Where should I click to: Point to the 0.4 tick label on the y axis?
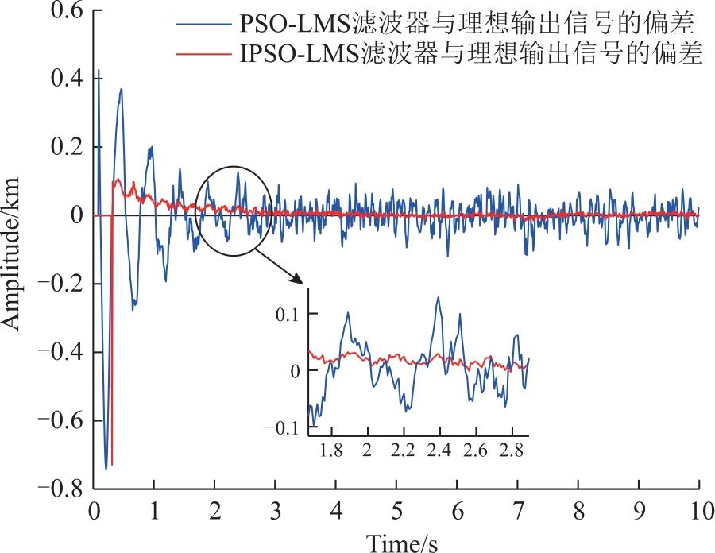[x=67, y=79]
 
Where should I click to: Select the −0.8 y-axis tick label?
[x=60, y=489]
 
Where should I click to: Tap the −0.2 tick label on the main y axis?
[x=60, y=284]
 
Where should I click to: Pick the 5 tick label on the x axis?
[x=396, y=511]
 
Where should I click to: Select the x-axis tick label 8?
[x=578, y=511]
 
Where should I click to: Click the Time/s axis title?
[x=402, y=543]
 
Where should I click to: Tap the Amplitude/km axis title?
[x=11, y=253]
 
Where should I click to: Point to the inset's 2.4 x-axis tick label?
[x=439, y=451]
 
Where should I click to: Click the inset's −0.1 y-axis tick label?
[x=282, y=427]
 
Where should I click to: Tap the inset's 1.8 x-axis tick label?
[x=331, y=451]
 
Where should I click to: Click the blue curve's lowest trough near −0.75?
[x=106, y=469]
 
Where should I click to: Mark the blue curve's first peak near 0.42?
[x=98, y=70]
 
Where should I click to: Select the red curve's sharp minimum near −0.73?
[x=112, y=464]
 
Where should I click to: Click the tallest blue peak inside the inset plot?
[x=438, y=298]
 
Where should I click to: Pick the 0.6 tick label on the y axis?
[x=67, y=10]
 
